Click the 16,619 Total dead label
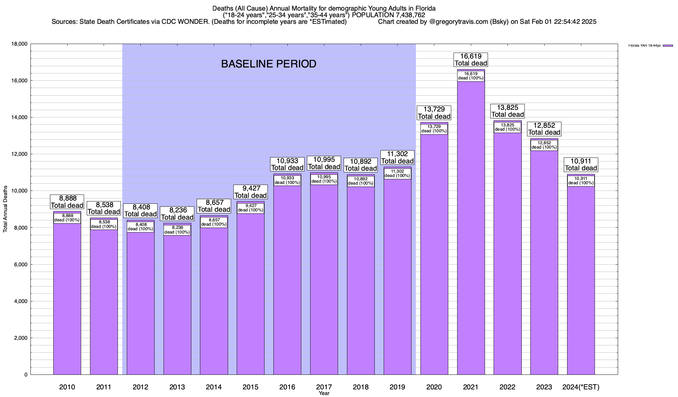471,60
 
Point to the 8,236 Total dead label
177,214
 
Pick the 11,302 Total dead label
397,157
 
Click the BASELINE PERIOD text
268,64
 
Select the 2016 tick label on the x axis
287,387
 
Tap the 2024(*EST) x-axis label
581,387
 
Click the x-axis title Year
324,393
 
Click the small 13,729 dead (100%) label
434,129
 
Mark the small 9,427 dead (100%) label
251,208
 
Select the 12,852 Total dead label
544,129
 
